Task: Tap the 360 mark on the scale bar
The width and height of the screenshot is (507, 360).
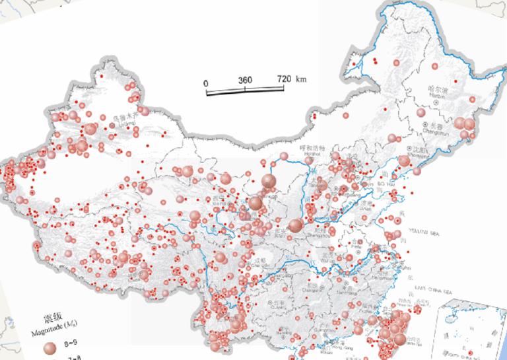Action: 245,79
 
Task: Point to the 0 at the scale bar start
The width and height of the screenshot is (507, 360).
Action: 206,83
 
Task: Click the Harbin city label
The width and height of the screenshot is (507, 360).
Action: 437,90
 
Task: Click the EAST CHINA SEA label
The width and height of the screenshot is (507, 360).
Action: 434,291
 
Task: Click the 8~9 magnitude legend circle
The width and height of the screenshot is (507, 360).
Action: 50,347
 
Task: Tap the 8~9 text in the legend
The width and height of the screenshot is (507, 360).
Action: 69,345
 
